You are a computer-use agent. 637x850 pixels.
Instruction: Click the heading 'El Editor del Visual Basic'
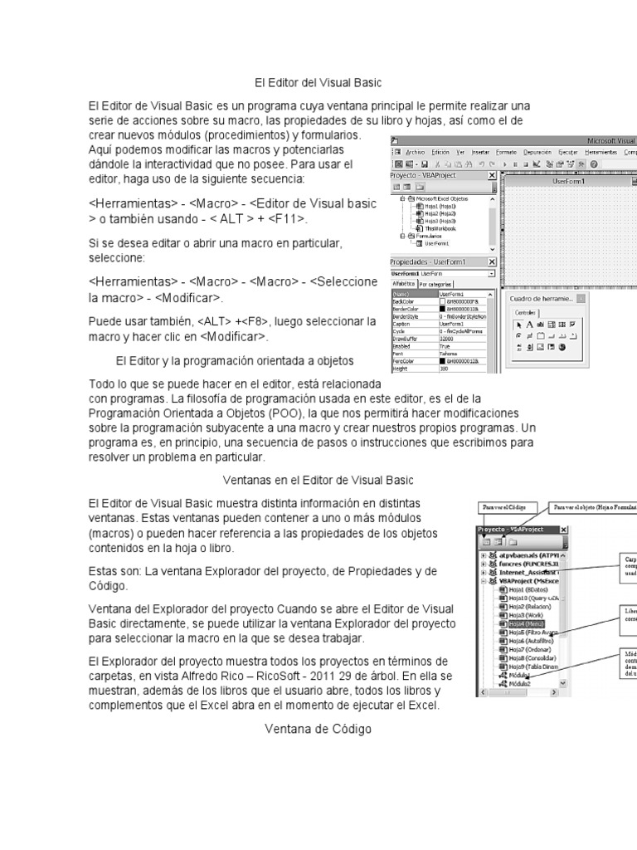tap(318, 82)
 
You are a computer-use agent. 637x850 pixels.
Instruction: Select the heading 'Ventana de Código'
tap(318, 729)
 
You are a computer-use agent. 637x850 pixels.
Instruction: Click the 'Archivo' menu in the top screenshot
tap(416, 153)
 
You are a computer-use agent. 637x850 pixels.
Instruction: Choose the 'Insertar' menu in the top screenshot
tap(480, 153)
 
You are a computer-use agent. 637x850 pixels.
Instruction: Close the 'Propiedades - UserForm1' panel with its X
tap(492, 262)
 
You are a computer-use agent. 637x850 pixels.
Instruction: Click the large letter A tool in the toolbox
tap(528, 324)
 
